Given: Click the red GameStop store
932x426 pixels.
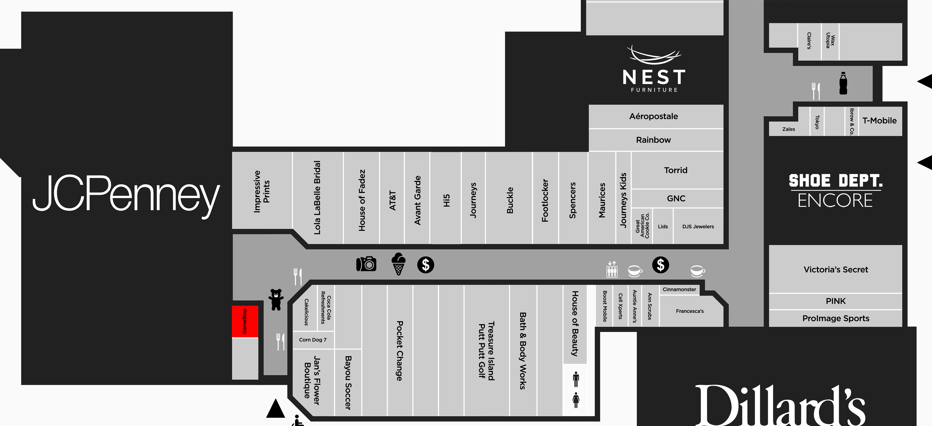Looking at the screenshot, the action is tap(245, 321).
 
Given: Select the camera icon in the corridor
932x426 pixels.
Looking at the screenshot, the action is tap(366, 264).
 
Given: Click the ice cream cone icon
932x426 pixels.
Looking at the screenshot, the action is tap(398, 264).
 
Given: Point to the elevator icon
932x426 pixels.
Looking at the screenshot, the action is tap(612, 270).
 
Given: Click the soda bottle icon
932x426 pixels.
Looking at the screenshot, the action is tap(843, 83).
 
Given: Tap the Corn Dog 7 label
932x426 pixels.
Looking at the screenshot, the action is tap(313, 340).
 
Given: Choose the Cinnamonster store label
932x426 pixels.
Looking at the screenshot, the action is tap(679, 289).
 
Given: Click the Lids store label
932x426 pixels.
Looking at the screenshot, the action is tap(663, 226).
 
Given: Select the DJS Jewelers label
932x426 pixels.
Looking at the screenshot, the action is tap(698, 226).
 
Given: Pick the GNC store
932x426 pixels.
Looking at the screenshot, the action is tap(676, 199).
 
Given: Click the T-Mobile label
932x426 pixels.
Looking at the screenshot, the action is tap(879, 120).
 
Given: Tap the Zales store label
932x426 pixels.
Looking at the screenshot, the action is tap(789, 129).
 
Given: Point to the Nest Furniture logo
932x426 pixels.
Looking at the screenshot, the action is tap(654, 69).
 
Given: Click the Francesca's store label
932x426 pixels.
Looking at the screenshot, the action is tap(690, 311).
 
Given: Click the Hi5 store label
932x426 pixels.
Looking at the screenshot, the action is tap(446, 200).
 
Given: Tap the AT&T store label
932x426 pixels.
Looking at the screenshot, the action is tap(393, 200).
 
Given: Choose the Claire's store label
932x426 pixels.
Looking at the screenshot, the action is tap(809, 41).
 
